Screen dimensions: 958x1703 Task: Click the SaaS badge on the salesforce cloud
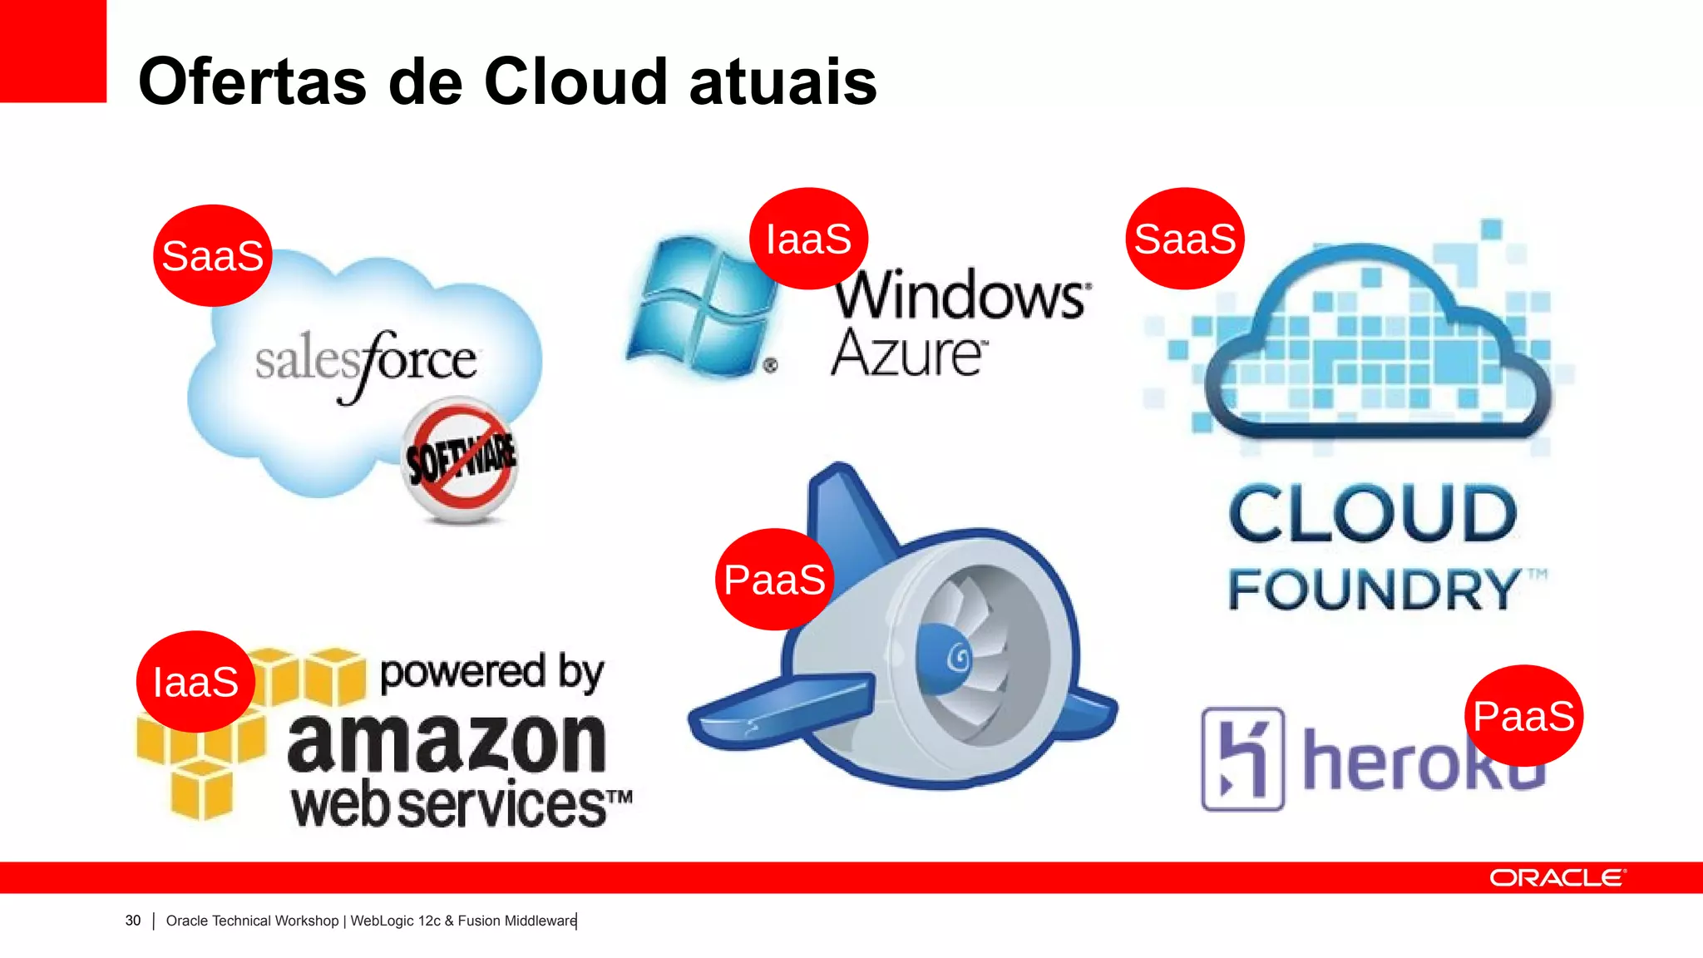(213, 255)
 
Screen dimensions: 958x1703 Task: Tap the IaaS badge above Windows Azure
(808, 239)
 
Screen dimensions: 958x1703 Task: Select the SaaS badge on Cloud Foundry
(1185, 239)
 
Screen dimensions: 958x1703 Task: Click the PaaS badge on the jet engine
(774, 580)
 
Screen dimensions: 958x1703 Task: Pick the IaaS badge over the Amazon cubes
(195, 682)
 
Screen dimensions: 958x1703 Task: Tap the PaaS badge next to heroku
(1523, 716)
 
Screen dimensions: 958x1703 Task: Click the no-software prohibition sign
(460, 459)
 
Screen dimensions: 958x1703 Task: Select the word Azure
(908, 353)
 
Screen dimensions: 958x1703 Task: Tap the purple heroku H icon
(1242, 758)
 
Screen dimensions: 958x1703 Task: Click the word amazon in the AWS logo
(447, 743)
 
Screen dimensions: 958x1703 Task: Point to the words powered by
(491, 672)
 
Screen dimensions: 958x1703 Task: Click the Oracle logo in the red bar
(1557, 878)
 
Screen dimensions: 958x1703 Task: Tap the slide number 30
(133, 921)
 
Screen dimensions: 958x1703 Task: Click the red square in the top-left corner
(52, 50)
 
